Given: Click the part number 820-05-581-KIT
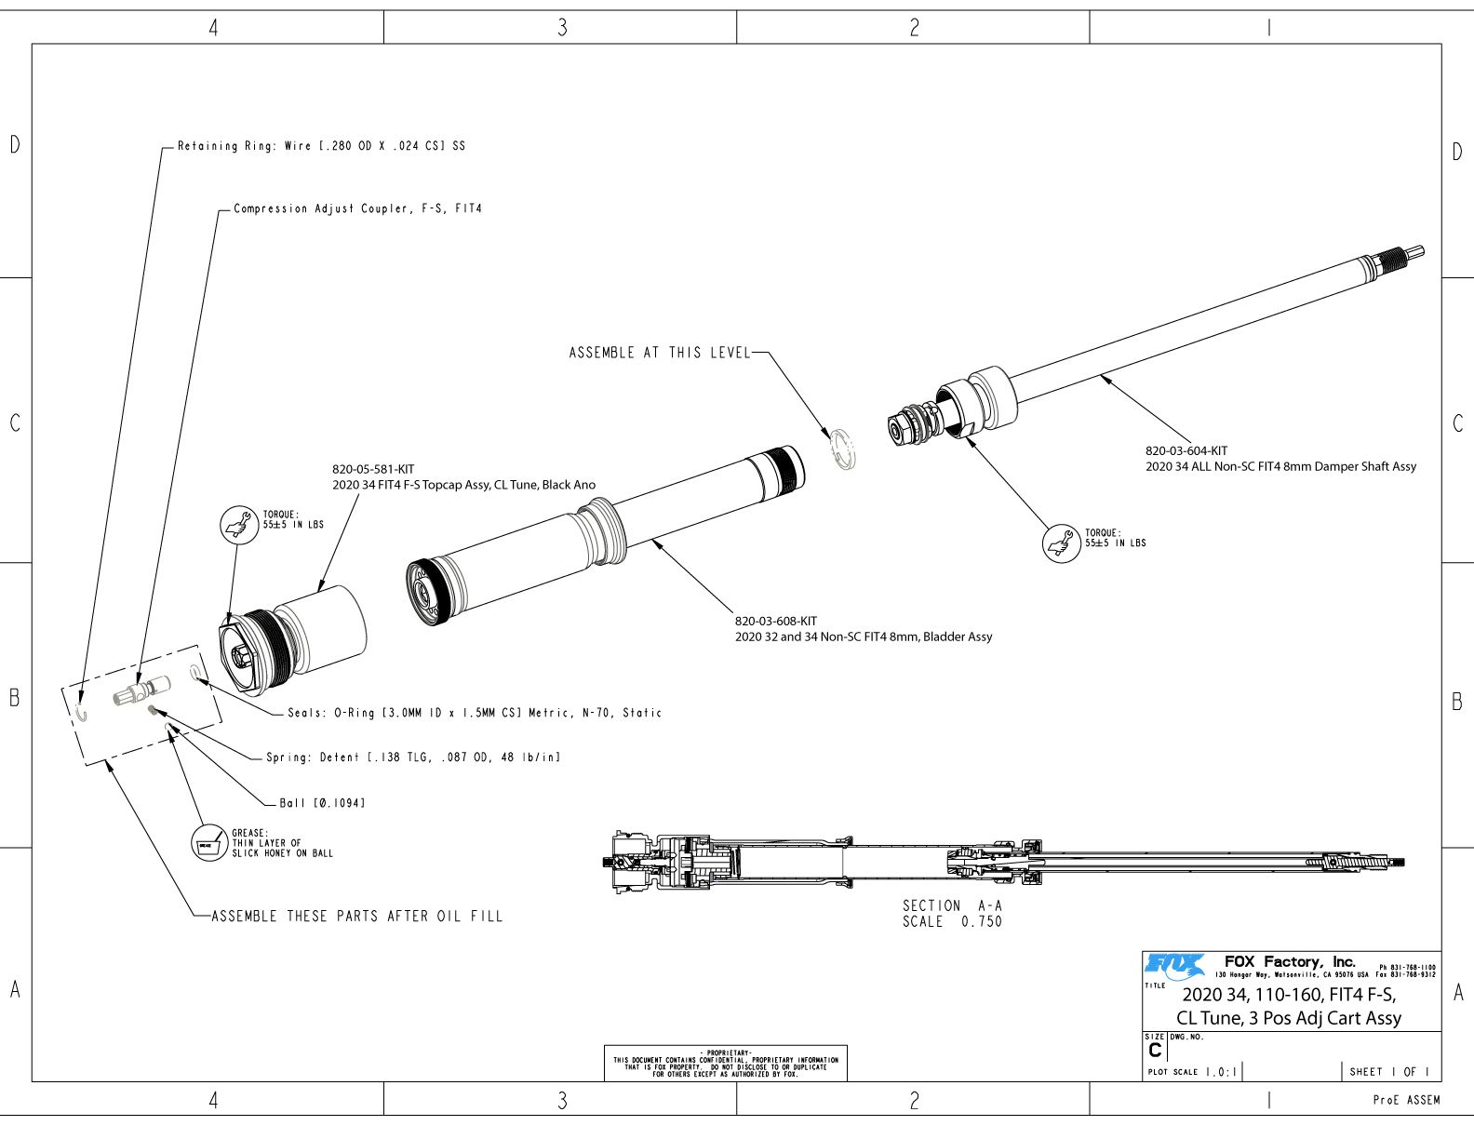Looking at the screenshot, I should click(x=373, y=470).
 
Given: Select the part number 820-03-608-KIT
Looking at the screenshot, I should click(x=776, y=622).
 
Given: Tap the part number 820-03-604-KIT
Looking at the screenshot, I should click(x=1186, y=451).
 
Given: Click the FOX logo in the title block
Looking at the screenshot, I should click(x=1174, y=965).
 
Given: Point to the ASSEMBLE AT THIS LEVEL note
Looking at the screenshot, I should click(x=659, y=353).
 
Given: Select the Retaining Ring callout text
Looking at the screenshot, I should click(x=321, y=146).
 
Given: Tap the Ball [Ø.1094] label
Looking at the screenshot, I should click(x=322, y=803).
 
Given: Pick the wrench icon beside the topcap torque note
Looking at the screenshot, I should click(x=237, y=525).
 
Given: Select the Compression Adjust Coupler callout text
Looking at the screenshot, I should click(x=357, y=209).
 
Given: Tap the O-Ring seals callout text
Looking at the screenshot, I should click(x=475, y=713).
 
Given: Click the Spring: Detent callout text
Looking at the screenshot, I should click(x=413, y=757).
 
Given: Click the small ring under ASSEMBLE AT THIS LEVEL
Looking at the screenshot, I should click(x=844, y=449).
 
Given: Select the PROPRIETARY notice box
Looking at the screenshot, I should click(x=726, y=1063).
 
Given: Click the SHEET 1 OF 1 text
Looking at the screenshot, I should click(x=1388, y=1072).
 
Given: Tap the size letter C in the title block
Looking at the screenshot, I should click(x=1155, y=1050).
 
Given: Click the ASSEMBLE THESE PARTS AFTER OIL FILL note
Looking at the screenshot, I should click(x=357, y=917).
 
